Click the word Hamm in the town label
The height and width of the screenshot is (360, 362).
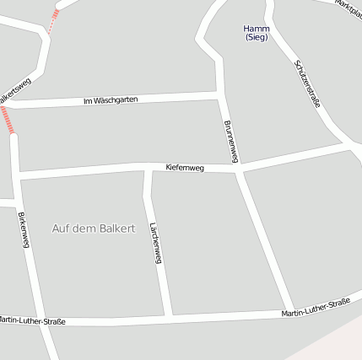pyautogui.click(x=256, y=29)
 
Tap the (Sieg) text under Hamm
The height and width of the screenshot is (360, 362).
pyautogui.click(x=256, y=38)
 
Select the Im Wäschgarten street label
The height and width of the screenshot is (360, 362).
pyautogui.click(x=111, y=100)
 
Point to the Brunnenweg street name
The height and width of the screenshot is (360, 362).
pyautogui.click(x=231, y=142)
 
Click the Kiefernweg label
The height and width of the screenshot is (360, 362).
pyautogui.click(x=185, y=168)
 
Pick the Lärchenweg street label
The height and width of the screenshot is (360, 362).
pyautogui.click(x=155, y=244)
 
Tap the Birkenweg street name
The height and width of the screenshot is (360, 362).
pyautogui.click(x=24, y=229)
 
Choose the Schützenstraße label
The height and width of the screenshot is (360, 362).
pyautogui.click(x=308, y=83)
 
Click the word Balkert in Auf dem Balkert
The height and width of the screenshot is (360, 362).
pyautogui.click(x=116, y=228)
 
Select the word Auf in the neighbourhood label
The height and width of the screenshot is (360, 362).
pyautogui.click(x=61, y=228)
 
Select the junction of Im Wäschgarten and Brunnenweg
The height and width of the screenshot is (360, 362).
pyautogui.click(x=219, y=94)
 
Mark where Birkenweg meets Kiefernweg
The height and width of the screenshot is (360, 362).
pyautogui.click(x=17, y=176)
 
